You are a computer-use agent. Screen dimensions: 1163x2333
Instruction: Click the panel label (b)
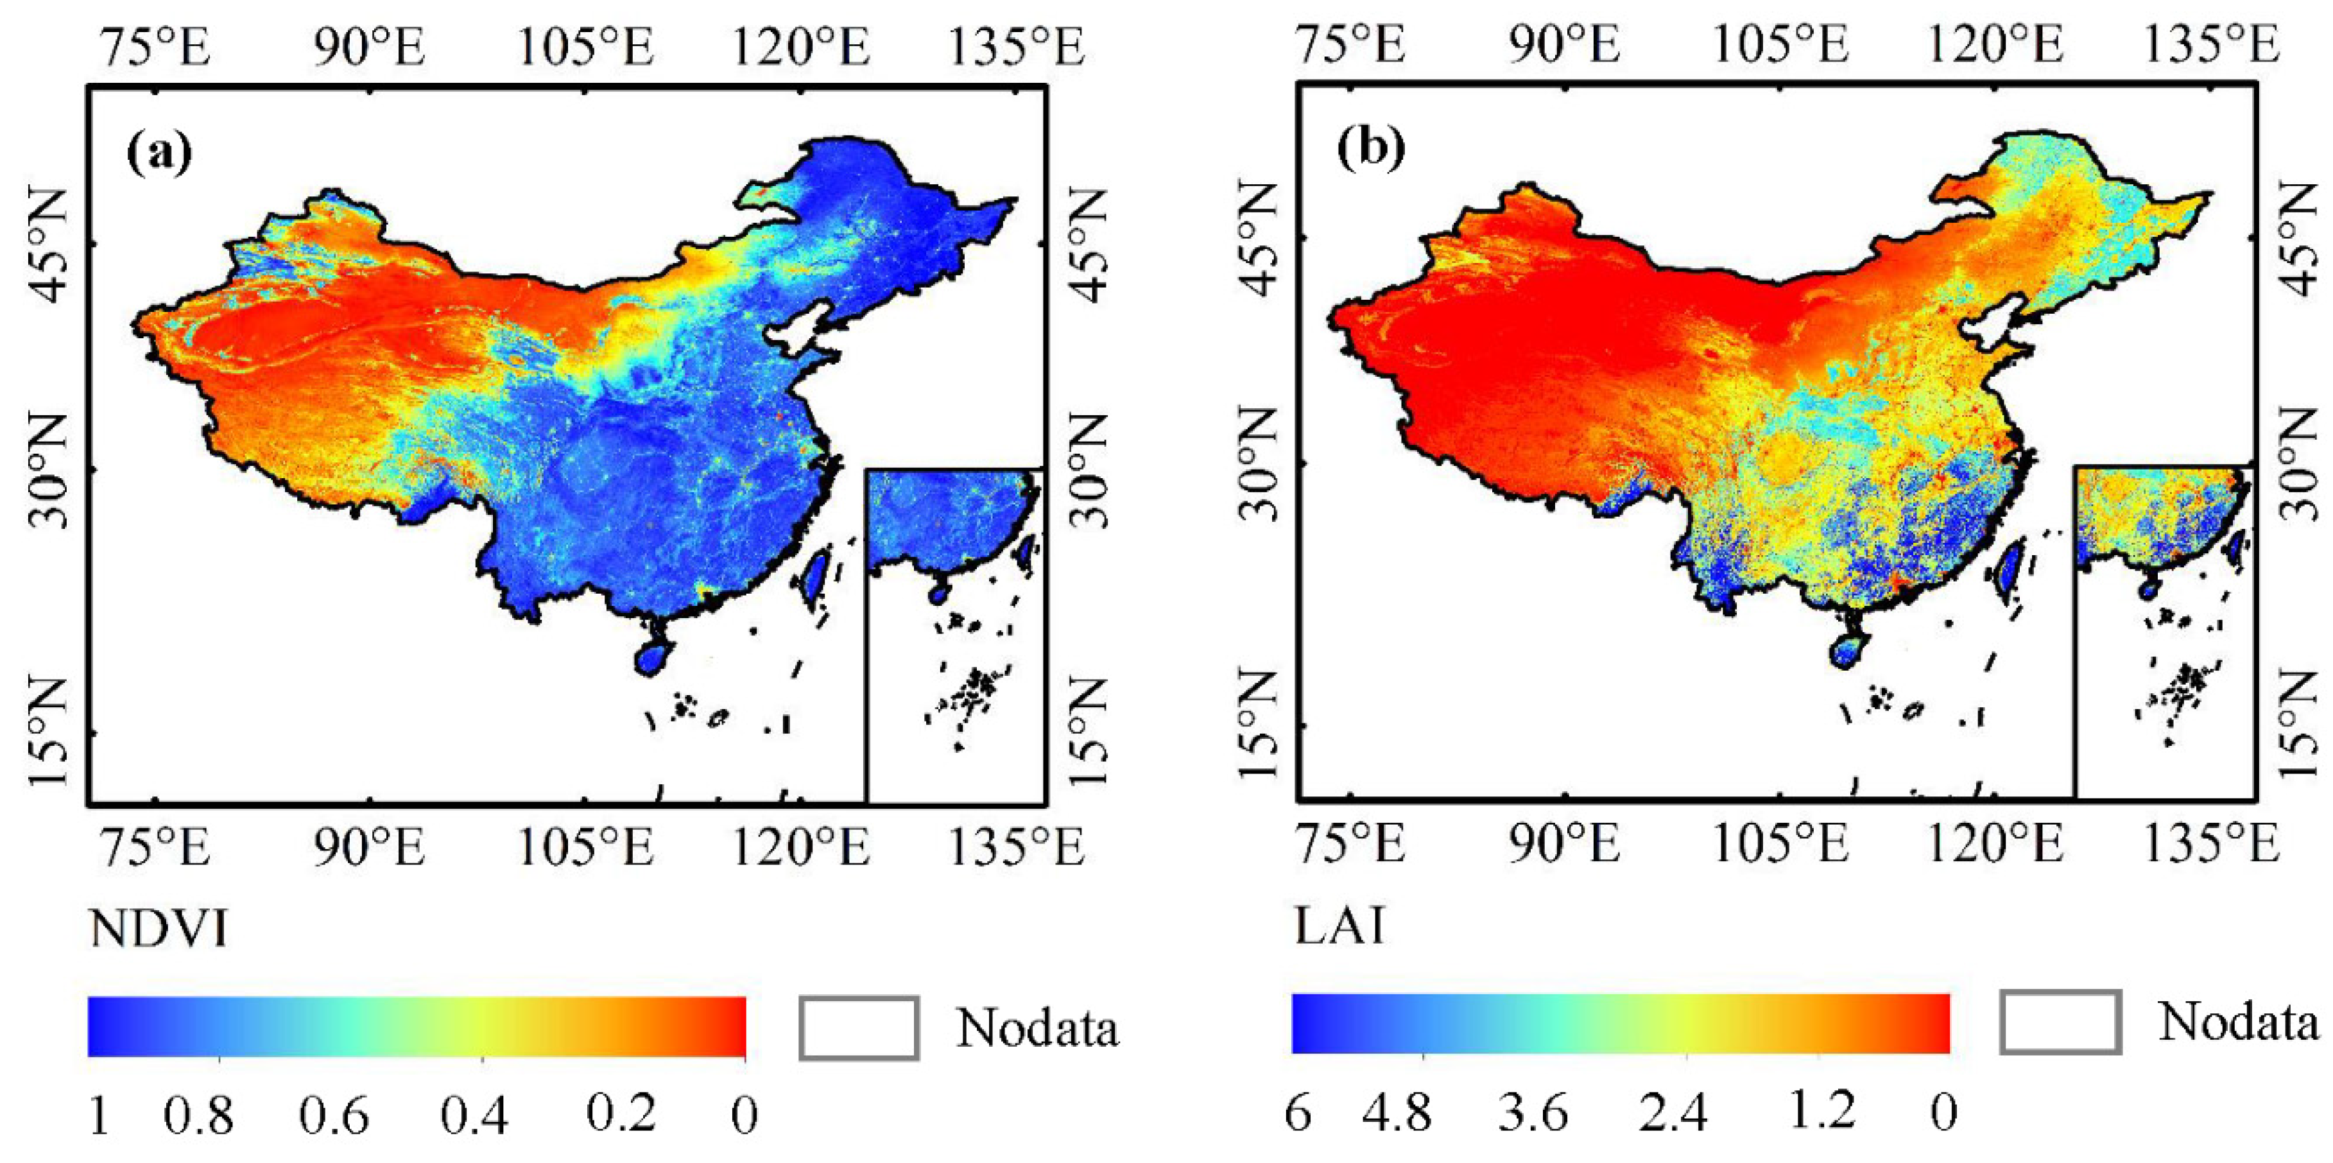pos(1371,150)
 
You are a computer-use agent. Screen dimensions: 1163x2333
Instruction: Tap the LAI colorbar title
pos(1339,926)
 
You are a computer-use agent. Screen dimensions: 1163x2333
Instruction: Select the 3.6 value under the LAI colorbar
pos(1533,1112)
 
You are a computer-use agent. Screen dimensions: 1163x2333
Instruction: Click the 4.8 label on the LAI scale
pos(1397,1112)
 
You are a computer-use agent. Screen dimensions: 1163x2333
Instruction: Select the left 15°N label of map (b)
pos(1257,725)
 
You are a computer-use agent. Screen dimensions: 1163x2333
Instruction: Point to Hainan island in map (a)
pos(652,657)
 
